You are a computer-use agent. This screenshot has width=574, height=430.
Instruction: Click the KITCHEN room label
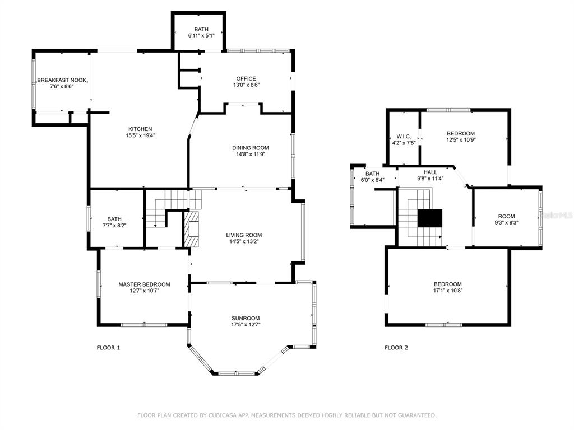pyautogui.click(x=140, y=129)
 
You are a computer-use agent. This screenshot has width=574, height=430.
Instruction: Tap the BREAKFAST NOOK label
pyautogui.click(x=62, y=80)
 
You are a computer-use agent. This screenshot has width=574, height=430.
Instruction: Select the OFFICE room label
pyautogui.click(x=246, y=78)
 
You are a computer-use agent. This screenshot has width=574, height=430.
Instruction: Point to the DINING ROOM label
pyautogui.click(x=251, y=148)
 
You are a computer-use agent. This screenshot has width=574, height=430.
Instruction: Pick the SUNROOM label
pyautogui.click(x=246, y=318)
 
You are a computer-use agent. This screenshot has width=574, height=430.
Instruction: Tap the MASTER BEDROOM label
pyautogui.click(x=144, y=284)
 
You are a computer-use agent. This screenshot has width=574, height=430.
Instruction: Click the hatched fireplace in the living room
pyautogui.click(x=191, y=229)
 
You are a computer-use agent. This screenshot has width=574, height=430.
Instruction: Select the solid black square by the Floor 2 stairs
pyautogui.click(x=430, y=218)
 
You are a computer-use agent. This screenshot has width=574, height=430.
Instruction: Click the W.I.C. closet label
pyautogui.click(x=404, y=137)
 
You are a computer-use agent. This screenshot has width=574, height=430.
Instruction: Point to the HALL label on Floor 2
pyautogui.click(x=430, y=172)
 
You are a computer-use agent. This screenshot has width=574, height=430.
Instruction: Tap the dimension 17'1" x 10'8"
pyautogui.click(x=448, y=291)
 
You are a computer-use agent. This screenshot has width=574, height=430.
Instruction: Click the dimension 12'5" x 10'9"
pyautogui.click(x=461, y=139)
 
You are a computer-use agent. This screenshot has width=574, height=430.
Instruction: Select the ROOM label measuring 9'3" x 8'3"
pyautogui.click(x=507, y=216)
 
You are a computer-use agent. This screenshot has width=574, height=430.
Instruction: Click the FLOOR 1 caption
pyautogui.click(x=108, y=348)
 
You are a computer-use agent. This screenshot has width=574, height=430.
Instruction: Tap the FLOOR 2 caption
pyautogui.click(x=396, y=348)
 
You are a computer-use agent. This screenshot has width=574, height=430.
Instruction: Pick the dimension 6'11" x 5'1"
pyautogui.click(x=201, y=35)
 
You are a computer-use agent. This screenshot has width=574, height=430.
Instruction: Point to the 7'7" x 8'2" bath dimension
pyautogui.click(x=114, y=226)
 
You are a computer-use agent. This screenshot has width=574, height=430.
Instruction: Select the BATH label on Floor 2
pyautogui.click(x=372, y=174)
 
